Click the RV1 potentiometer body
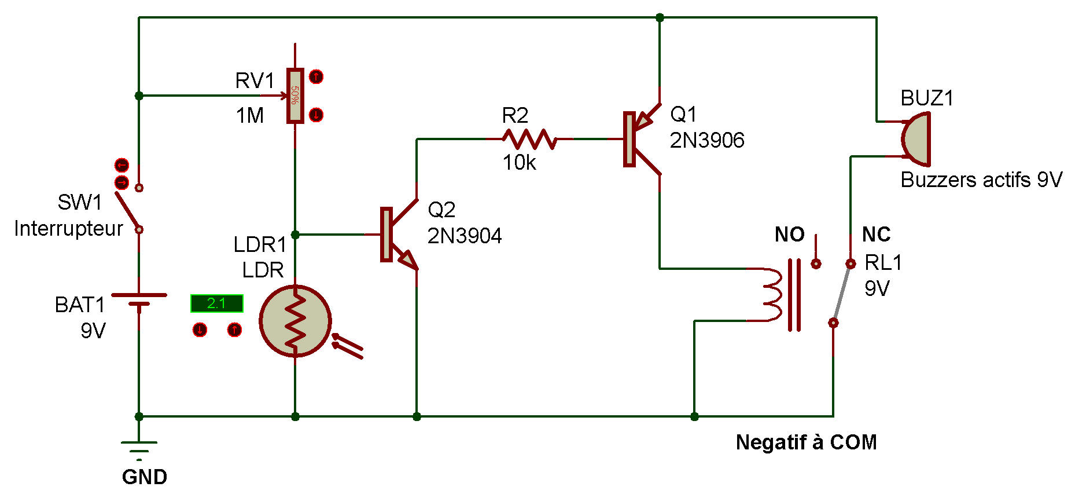295,96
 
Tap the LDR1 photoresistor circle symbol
295,320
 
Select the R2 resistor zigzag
529,139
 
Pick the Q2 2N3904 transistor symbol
397,235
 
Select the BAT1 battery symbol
139,299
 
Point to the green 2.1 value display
216,303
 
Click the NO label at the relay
789,235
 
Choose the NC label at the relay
876,235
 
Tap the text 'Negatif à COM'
806,442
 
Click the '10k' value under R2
518,163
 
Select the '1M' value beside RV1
250,116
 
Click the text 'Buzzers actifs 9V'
981,180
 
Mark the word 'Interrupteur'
68,229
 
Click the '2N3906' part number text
707,140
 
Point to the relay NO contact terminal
816,264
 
